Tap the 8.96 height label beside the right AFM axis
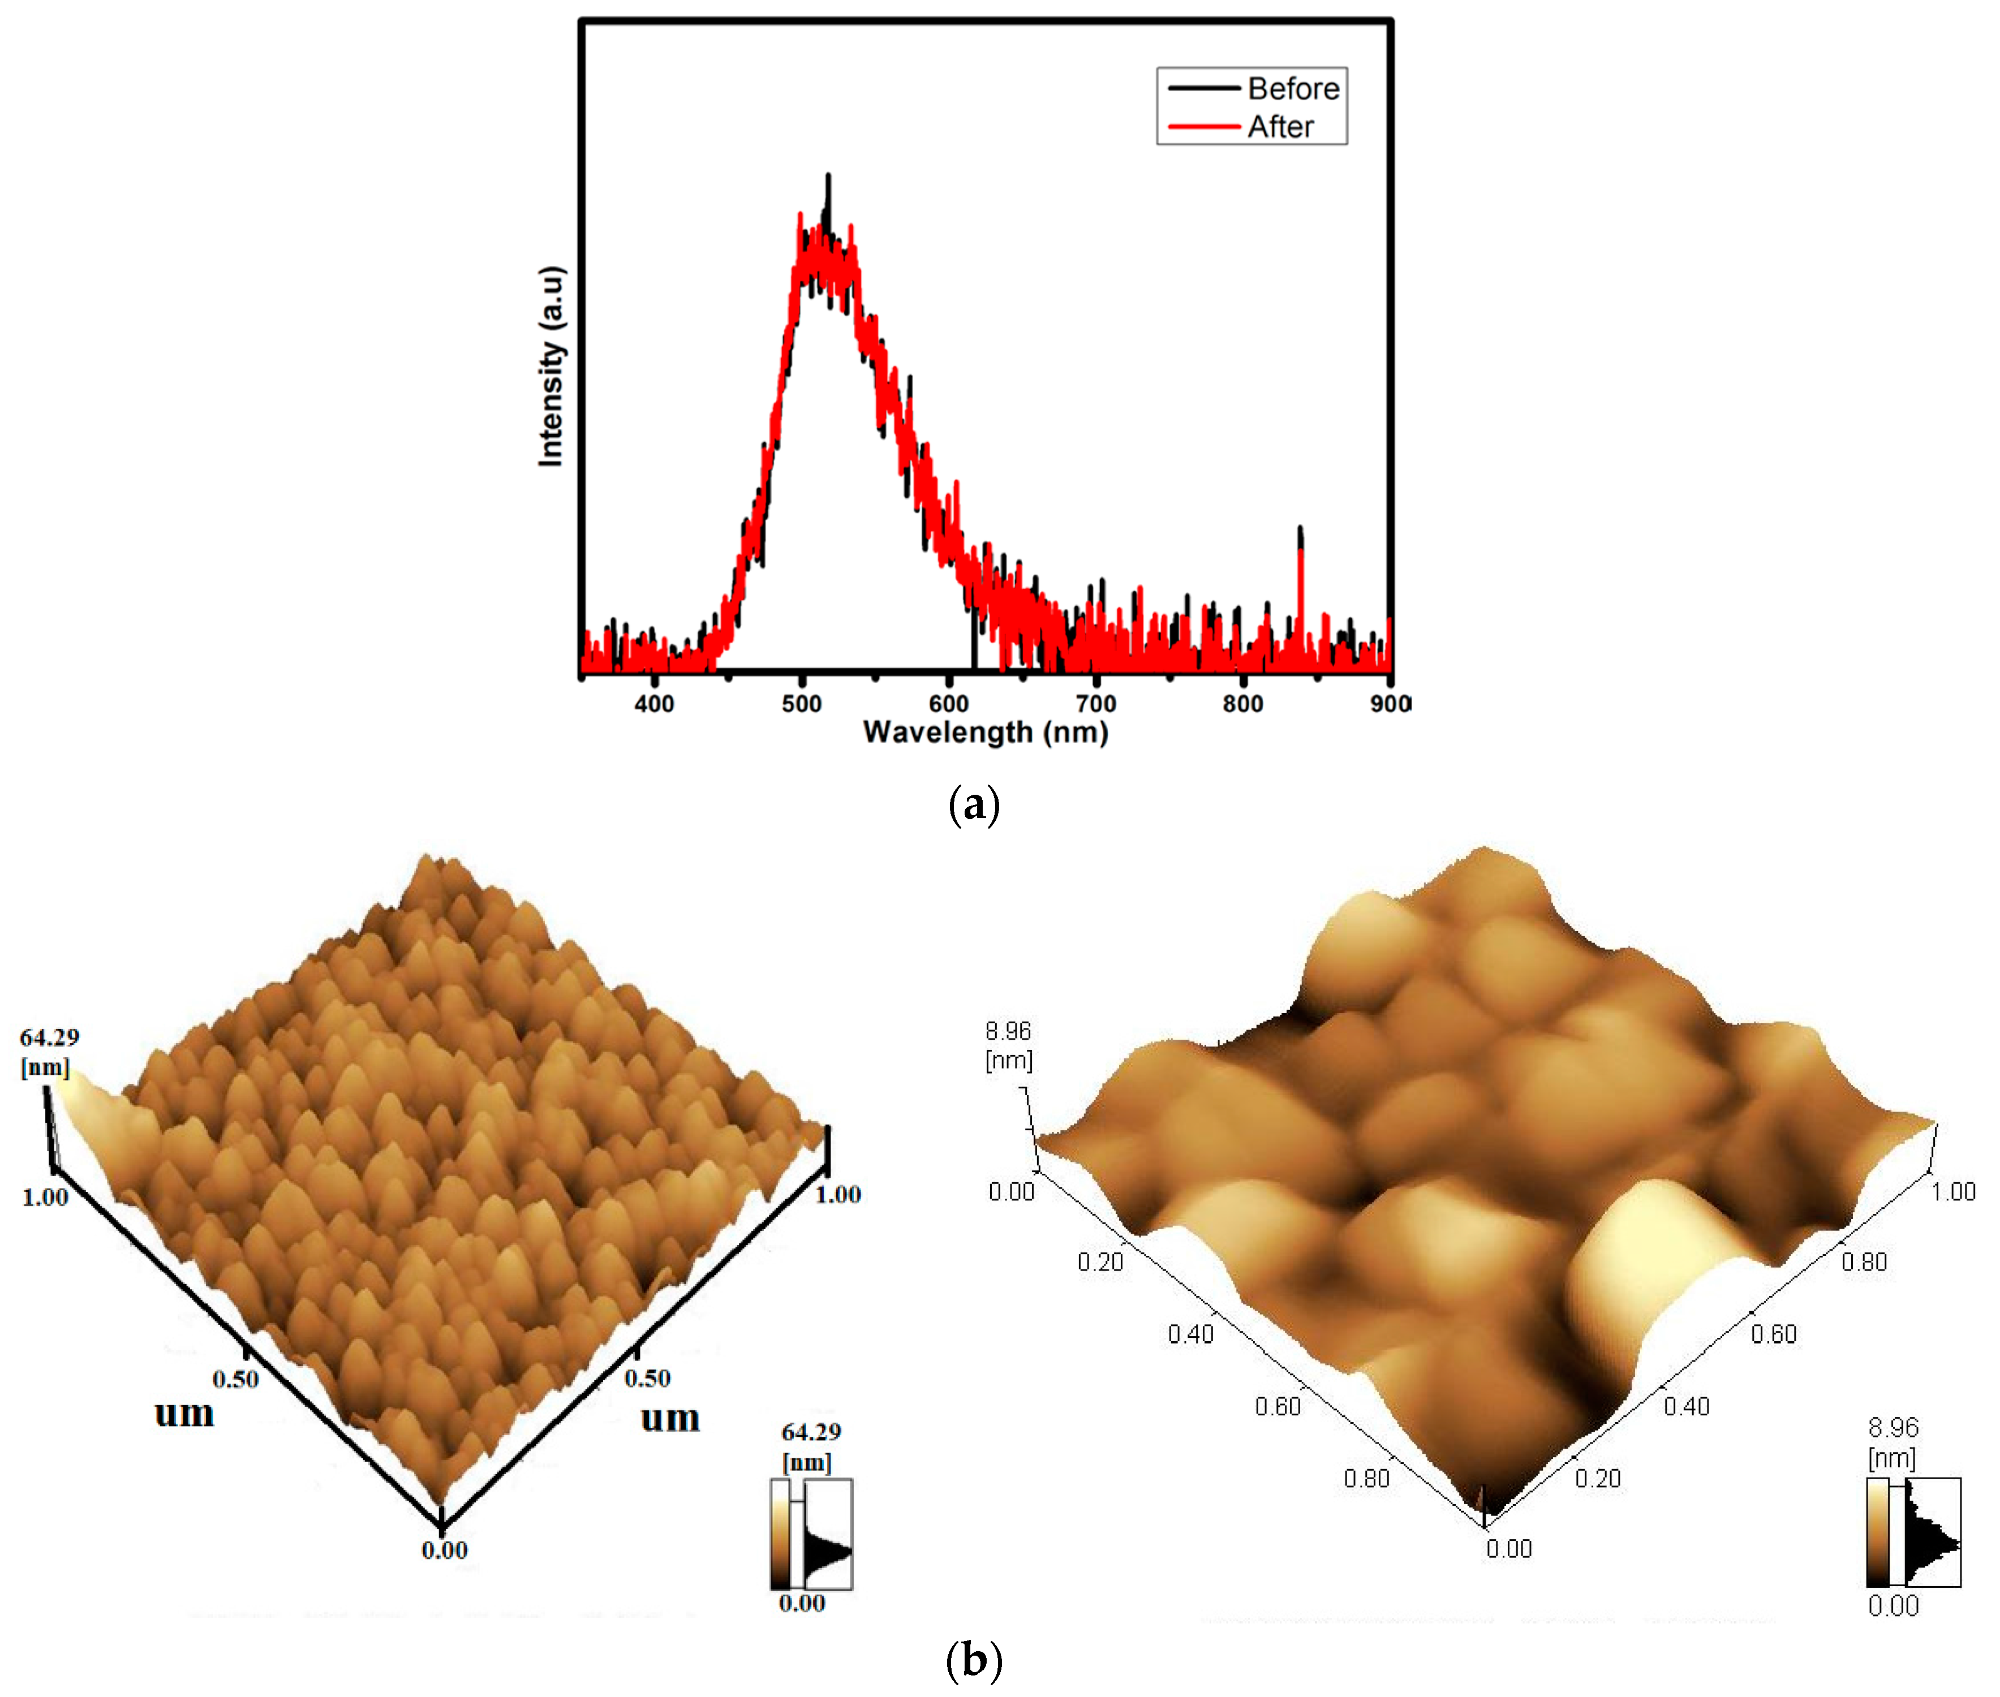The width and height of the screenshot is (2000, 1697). point(1007,1031)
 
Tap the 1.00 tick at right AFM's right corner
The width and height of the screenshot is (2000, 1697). point(1954,1192)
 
